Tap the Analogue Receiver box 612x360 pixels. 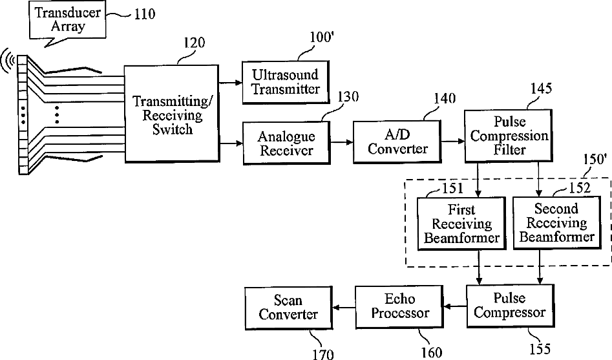point(286,143)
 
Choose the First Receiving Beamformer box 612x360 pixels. point(461,224)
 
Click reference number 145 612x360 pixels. point(540,89)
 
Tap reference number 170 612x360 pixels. point(322,353)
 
